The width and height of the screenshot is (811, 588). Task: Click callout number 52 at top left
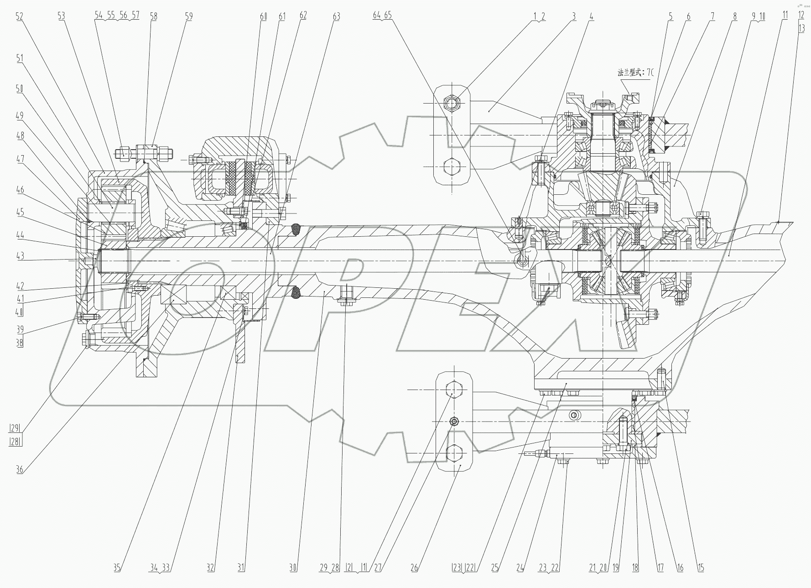pyautogui.click(x=19, y=16)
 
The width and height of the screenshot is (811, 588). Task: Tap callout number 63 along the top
pyautogui.click(x=336, y=16)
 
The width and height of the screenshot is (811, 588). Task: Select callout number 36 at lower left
pyautogui.click(x=19, y=469)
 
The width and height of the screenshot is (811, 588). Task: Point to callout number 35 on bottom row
pyautogui.click(x=117, y=568)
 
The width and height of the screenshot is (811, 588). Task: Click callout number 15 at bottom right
pyautogui.click(x=701, y=568)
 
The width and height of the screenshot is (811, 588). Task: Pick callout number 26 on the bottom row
pyautogui.click(x=414, y=568)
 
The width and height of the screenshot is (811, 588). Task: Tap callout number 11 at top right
pyautogui.click(x=785, y=15)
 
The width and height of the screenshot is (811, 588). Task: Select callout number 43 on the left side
pyautogui.click(x=19, y=256)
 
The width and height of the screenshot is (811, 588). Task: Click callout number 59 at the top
pyautogui.click(x=189, y=16)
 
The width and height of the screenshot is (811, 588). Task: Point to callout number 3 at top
pyautogui.click(x=574, y=16)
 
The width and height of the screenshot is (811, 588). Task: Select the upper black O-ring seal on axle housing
pyautogui.click(x=296, y=229)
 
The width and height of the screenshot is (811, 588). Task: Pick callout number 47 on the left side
pyautogui.click(x=19, y=159)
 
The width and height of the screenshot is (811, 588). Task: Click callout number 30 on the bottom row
pyautogui.click(x=293, y=568)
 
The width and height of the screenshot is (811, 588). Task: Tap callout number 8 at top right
pyautogui.click(x=735, y=16)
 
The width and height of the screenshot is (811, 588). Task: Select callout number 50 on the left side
pyautogui.click(x=19, y=88)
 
